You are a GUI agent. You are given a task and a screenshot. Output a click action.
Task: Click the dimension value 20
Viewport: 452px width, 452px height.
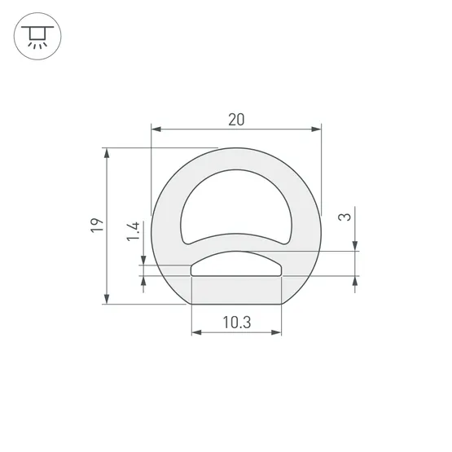[236, 119]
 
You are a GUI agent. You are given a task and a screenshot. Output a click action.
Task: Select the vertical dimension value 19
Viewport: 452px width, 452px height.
[97, 226]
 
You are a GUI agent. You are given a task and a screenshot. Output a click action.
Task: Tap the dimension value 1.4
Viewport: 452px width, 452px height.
[134, 234]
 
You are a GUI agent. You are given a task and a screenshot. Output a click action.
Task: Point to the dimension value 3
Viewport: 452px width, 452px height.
[345, 217]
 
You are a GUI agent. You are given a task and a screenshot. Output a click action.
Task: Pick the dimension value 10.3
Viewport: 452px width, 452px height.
[236, 323]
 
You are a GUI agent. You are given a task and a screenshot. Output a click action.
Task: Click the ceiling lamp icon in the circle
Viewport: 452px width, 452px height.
[37, 37]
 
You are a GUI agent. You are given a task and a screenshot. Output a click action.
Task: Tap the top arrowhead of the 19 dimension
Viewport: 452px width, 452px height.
[107, 153]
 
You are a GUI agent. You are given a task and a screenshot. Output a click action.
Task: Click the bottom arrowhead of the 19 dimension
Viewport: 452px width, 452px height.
[107, 299]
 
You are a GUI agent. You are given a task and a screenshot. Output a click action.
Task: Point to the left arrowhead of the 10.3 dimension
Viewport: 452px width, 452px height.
[196, 333]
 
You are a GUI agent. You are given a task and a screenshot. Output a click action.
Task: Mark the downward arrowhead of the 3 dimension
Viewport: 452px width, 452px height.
[356, 247]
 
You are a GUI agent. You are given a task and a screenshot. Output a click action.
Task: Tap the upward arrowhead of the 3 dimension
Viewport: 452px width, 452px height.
[356, 281]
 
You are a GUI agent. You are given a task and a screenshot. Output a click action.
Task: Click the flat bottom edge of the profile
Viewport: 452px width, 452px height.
[236, 305]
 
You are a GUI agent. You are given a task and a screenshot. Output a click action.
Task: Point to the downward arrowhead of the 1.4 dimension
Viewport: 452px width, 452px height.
[143, 260]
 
